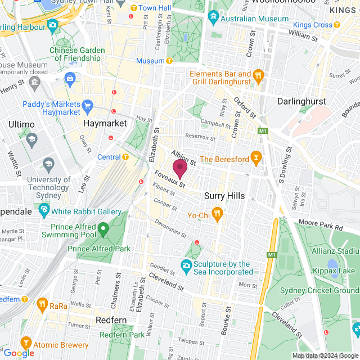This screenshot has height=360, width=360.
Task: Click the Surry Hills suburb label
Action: coord(224,196)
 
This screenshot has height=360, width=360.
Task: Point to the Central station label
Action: coord(109,157)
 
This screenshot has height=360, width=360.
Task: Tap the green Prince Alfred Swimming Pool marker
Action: coord(103,229)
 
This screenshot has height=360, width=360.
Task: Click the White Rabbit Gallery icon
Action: coord(44,211)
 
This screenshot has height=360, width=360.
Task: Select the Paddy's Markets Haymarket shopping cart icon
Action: coord(87,105)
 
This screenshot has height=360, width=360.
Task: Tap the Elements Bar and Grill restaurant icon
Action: coord(258,76)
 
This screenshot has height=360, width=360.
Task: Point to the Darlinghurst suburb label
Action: coord(303,101)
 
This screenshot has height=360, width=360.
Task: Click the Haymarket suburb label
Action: coord(103,123)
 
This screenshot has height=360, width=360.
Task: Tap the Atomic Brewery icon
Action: coord(26,343)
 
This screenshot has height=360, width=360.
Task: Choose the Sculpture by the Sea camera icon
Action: coord(186,265)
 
